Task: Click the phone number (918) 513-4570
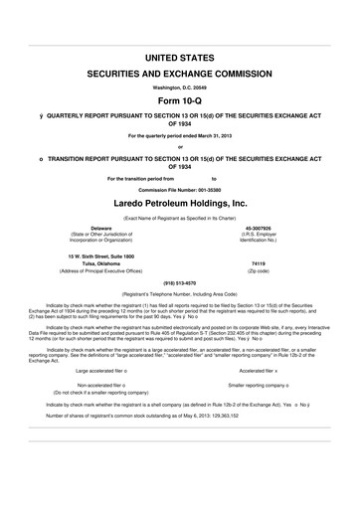coord(179,281)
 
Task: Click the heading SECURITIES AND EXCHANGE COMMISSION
coord(179,75)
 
